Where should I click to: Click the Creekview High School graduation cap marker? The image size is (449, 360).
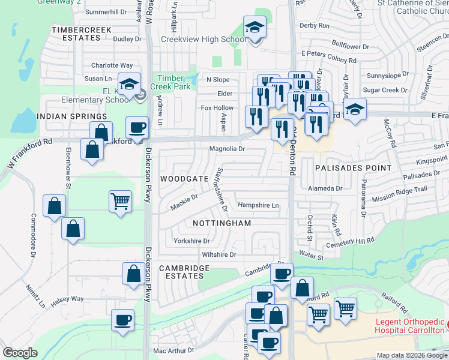click(255, 29)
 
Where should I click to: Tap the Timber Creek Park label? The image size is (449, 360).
click(173, 82)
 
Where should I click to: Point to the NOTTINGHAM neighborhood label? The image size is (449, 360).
click(221, 223)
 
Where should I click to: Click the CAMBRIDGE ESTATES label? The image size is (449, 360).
click(181, 272)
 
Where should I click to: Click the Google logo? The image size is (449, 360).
click(20, 353)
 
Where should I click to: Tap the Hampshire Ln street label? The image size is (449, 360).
click(259, 205)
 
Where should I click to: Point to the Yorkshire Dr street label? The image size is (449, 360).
click(191, 241)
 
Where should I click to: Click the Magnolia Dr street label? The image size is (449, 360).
click(227, 149)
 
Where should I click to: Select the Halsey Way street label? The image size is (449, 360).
click(67, 299)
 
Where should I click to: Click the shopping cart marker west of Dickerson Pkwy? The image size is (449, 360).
click(120, 201)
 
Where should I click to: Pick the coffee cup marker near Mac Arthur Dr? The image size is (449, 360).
click(123, 320)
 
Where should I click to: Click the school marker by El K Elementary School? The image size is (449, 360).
click(128, 85)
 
